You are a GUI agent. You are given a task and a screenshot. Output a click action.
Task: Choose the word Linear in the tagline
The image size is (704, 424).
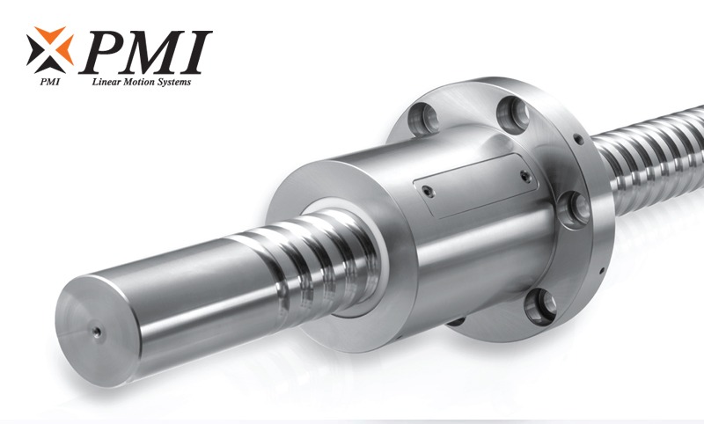point(106,84)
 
